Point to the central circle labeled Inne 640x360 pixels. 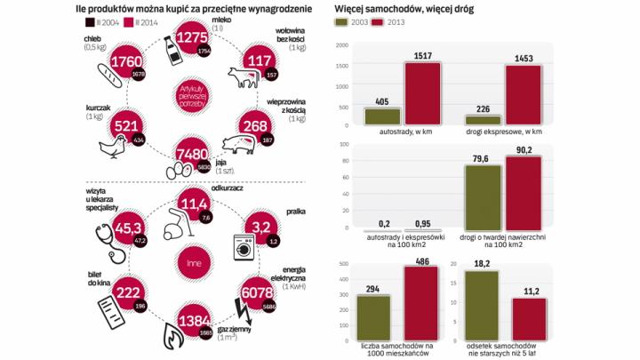click(x=195, y=262)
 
